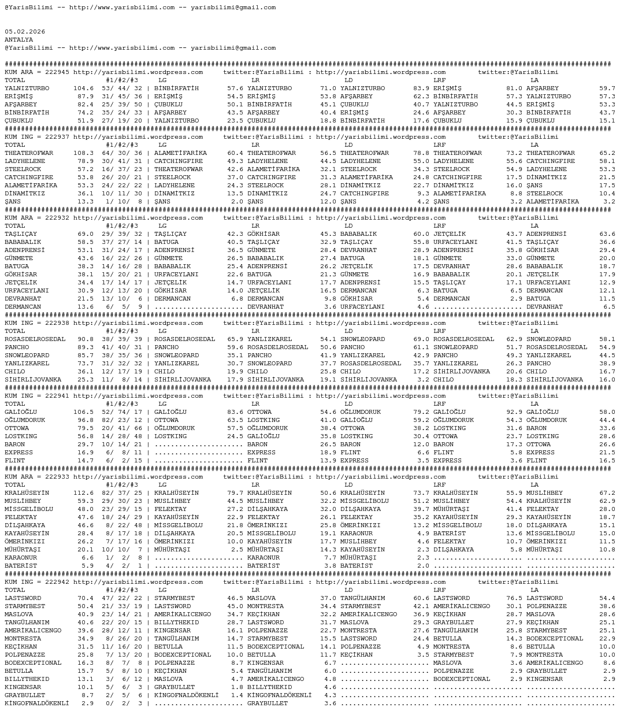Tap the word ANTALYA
pyautogui.click(x=19, y=40)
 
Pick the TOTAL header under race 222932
pyautogui.click(x=15, y=226)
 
